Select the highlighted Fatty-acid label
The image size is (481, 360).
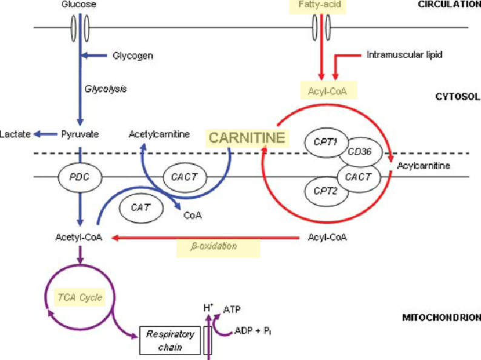[x=320, y=5]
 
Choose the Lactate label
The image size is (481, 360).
[x=15, y=133]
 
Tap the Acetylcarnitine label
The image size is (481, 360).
[x=156, y=133]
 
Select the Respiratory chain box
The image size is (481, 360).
[x=170, y=340]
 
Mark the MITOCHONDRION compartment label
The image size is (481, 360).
[x=441, y=317]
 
